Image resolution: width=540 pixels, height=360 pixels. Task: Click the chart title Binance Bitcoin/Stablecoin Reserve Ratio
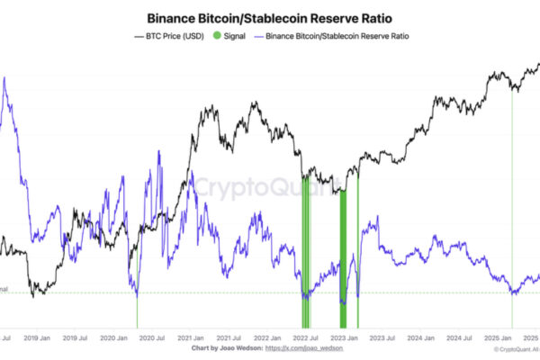click(x=271, y=17)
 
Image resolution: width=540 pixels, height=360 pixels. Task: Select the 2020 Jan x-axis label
click(x=114, y=338)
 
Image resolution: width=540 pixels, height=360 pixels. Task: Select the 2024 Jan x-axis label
click(x=422, y=338)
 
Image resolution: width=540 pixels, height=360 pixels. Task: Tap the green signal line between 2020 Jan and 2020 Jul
click(x=137, y=310)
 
